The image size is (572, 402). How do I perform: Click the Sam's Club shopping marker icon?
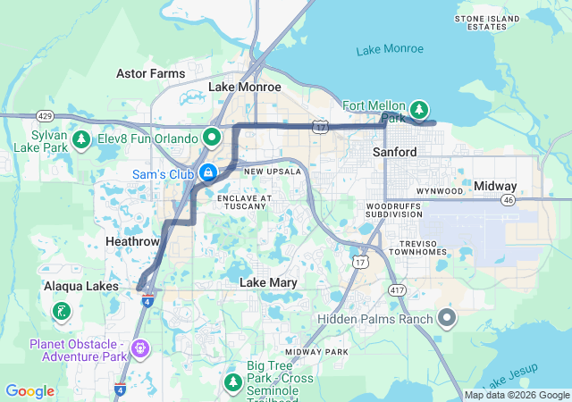[x=207, y=172]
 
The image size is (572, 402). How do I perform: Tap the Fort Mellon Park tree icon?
[x=419, y=109]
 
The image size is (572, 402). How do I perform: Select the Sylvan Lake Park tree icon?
[x=81, y=139]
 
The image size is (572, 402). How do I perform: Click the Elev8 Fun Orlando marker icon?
[x=212, y=138]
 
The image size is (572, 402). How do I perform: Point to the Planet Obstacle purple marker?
[x=139, y=347]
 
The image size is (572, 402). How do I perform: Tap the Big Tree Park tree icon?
[x=233, y=381]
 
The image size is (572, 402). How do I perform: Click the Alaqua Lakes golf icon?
[x=61, y=312]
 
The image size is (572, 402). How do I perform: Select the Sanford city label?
[x=394, y=153]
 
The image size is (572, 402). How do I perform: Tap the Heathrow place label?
[x=132, y=242]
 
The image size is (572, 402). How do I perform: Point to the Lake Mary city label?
[x=268, y=282]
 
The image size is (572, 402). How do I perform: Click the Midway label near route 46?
[x=495, y=186]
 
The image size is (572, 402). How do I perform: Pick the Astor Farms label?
[x=151, y=73]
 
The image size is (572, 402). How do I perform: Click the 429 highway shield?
[x=44, y=116]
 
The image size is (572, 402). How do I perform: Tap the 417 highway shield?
[x=397, y=290]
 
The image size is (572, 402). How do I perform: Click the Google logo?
[x=30, y=391]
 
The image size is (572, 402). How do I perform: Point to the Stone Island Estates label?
[x=481, y=22]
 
